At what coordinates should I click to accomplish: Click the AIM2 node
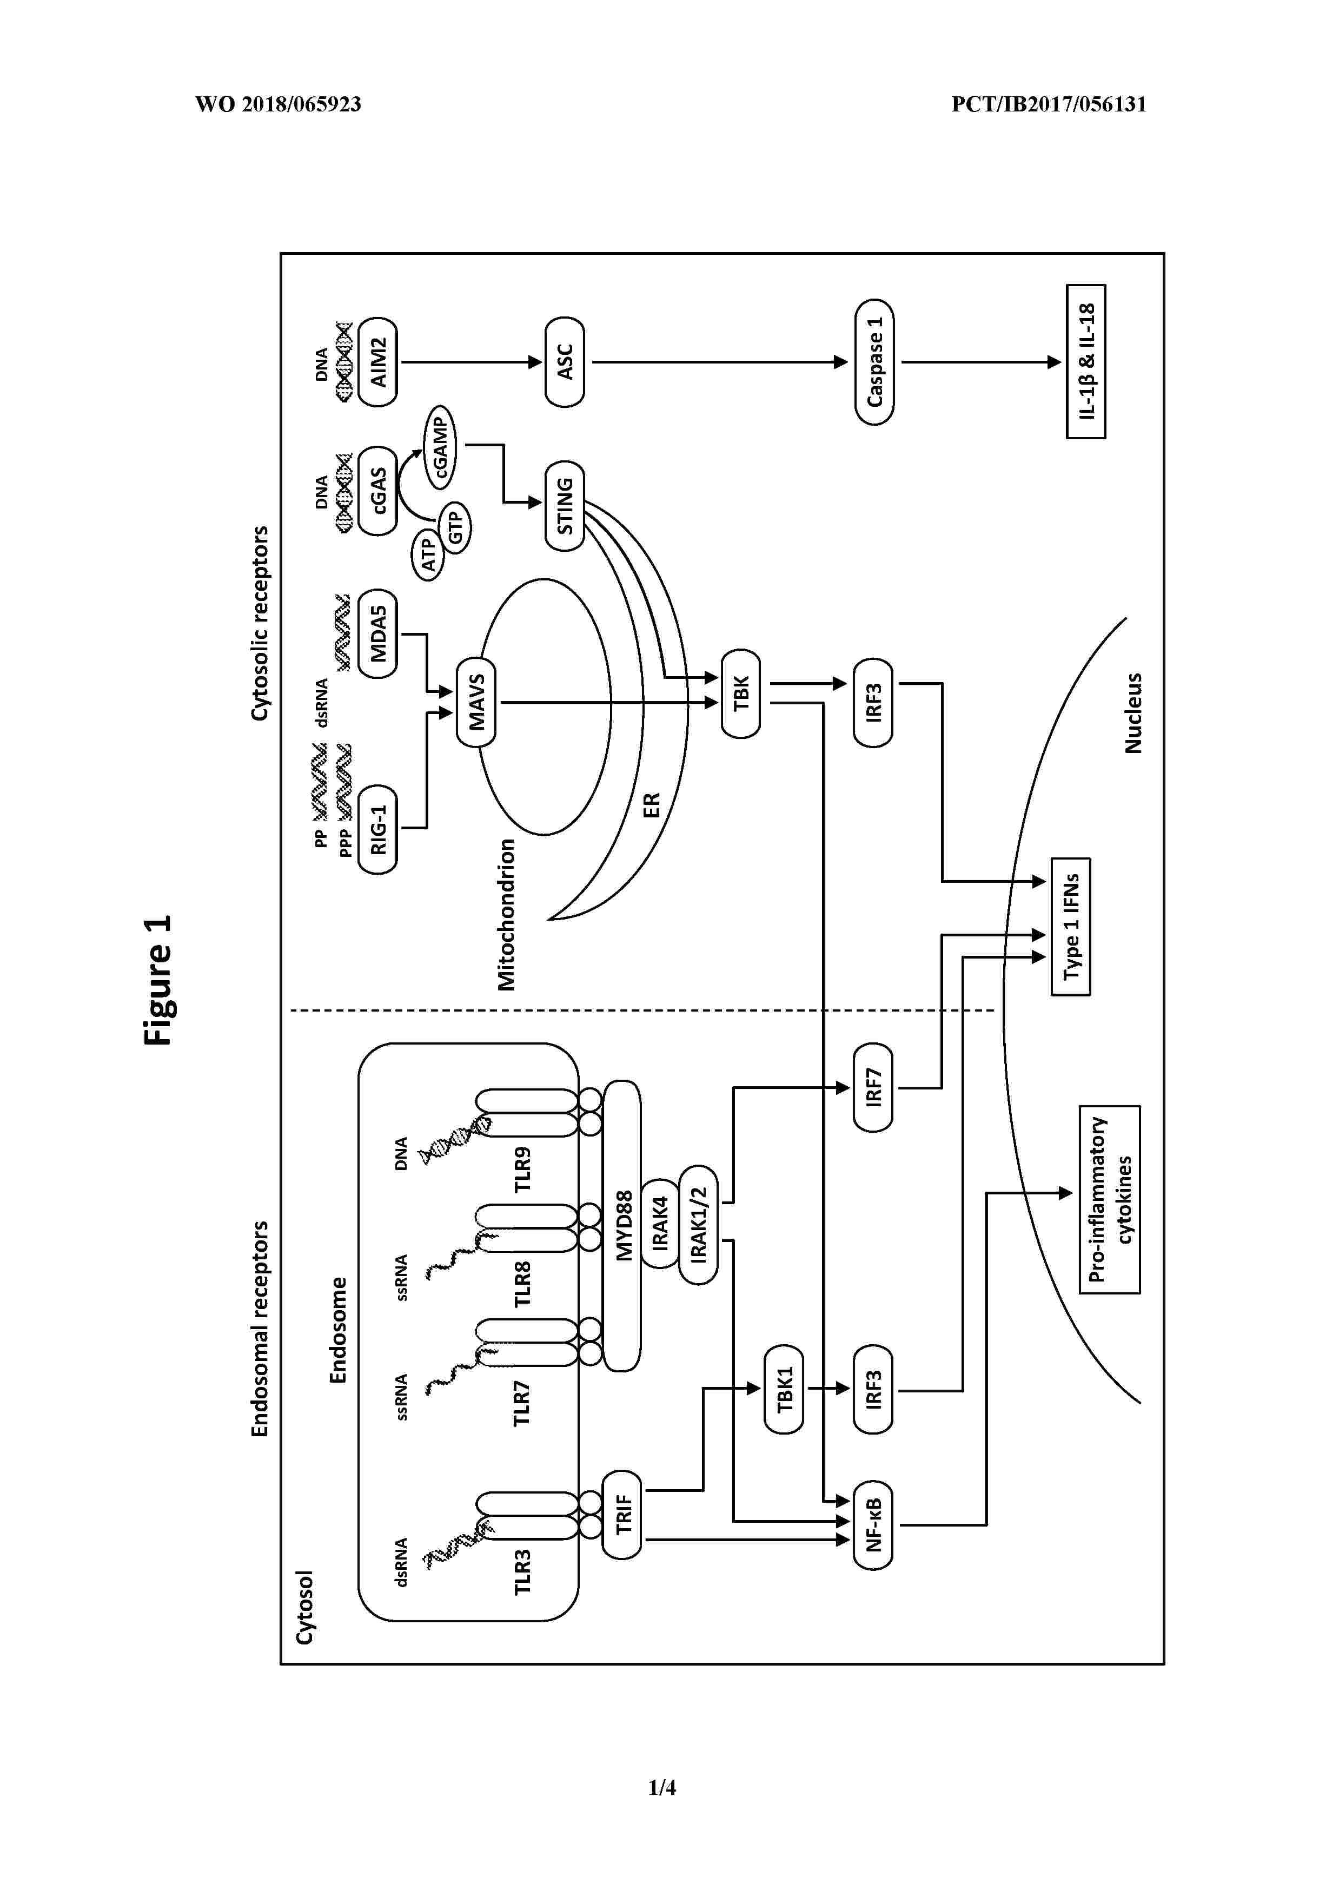click(378, 362)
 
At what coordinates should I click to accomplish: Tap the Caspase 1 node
click(874, 362)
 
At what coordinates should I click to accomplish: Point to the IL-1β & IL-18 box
click(1085, 362)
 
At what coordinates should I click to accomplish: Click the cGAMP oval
click(441, 446)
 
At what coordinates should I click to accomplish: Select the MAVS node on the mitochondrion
click(476, 702)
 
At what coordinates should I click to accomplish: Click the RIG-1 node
click(378, 829)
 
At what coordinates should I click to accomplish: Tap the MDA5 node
click(378, 634)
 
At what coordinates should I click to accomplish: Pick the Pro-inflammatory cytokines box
click(1110, 1199)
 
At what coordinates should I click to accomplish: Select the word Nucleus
click(1133, 712)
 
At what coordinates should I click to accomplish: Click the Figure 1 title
click(158, 980)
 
